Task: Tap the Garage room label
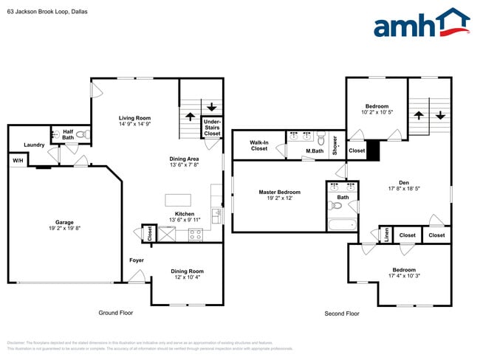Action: click(x=64, y=222)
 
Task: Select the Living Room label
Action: click(x=134, y=118)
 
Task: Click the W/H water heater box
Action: click(x=16, y=160)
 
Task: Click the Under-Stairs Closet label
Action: click(x=212, y=127)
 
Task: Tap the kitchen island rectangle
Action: click(x=179, y=200)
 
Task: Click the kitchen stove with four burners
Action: click(x=196, y=234)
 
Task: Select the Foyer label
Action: click(x=137, y=260)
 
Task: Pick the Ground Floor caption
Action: click(x=116, y=313)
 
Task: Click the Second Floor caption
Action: click(x=342, y=314)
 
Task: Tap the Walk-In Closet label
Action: click(x=258, y=145)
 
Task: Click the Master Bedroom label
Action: click(x=278, y=192)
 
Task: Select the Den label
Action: click(x=404, y=182)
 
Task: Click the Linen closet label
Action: click(x=385, y=235)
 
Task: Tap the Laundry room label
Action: click(x=34, y=145)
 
